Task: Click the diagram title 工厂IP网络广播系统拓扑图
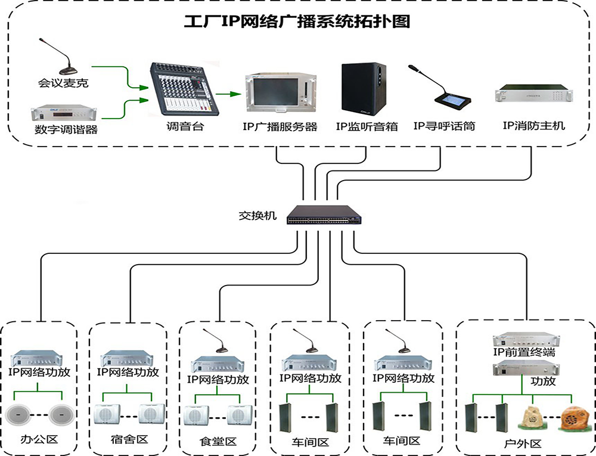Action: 296,22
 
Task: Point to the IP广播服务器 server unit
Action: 279,94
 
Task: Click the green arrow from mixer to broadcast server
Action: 228,94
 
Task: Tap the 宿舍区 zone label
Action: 129,440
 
